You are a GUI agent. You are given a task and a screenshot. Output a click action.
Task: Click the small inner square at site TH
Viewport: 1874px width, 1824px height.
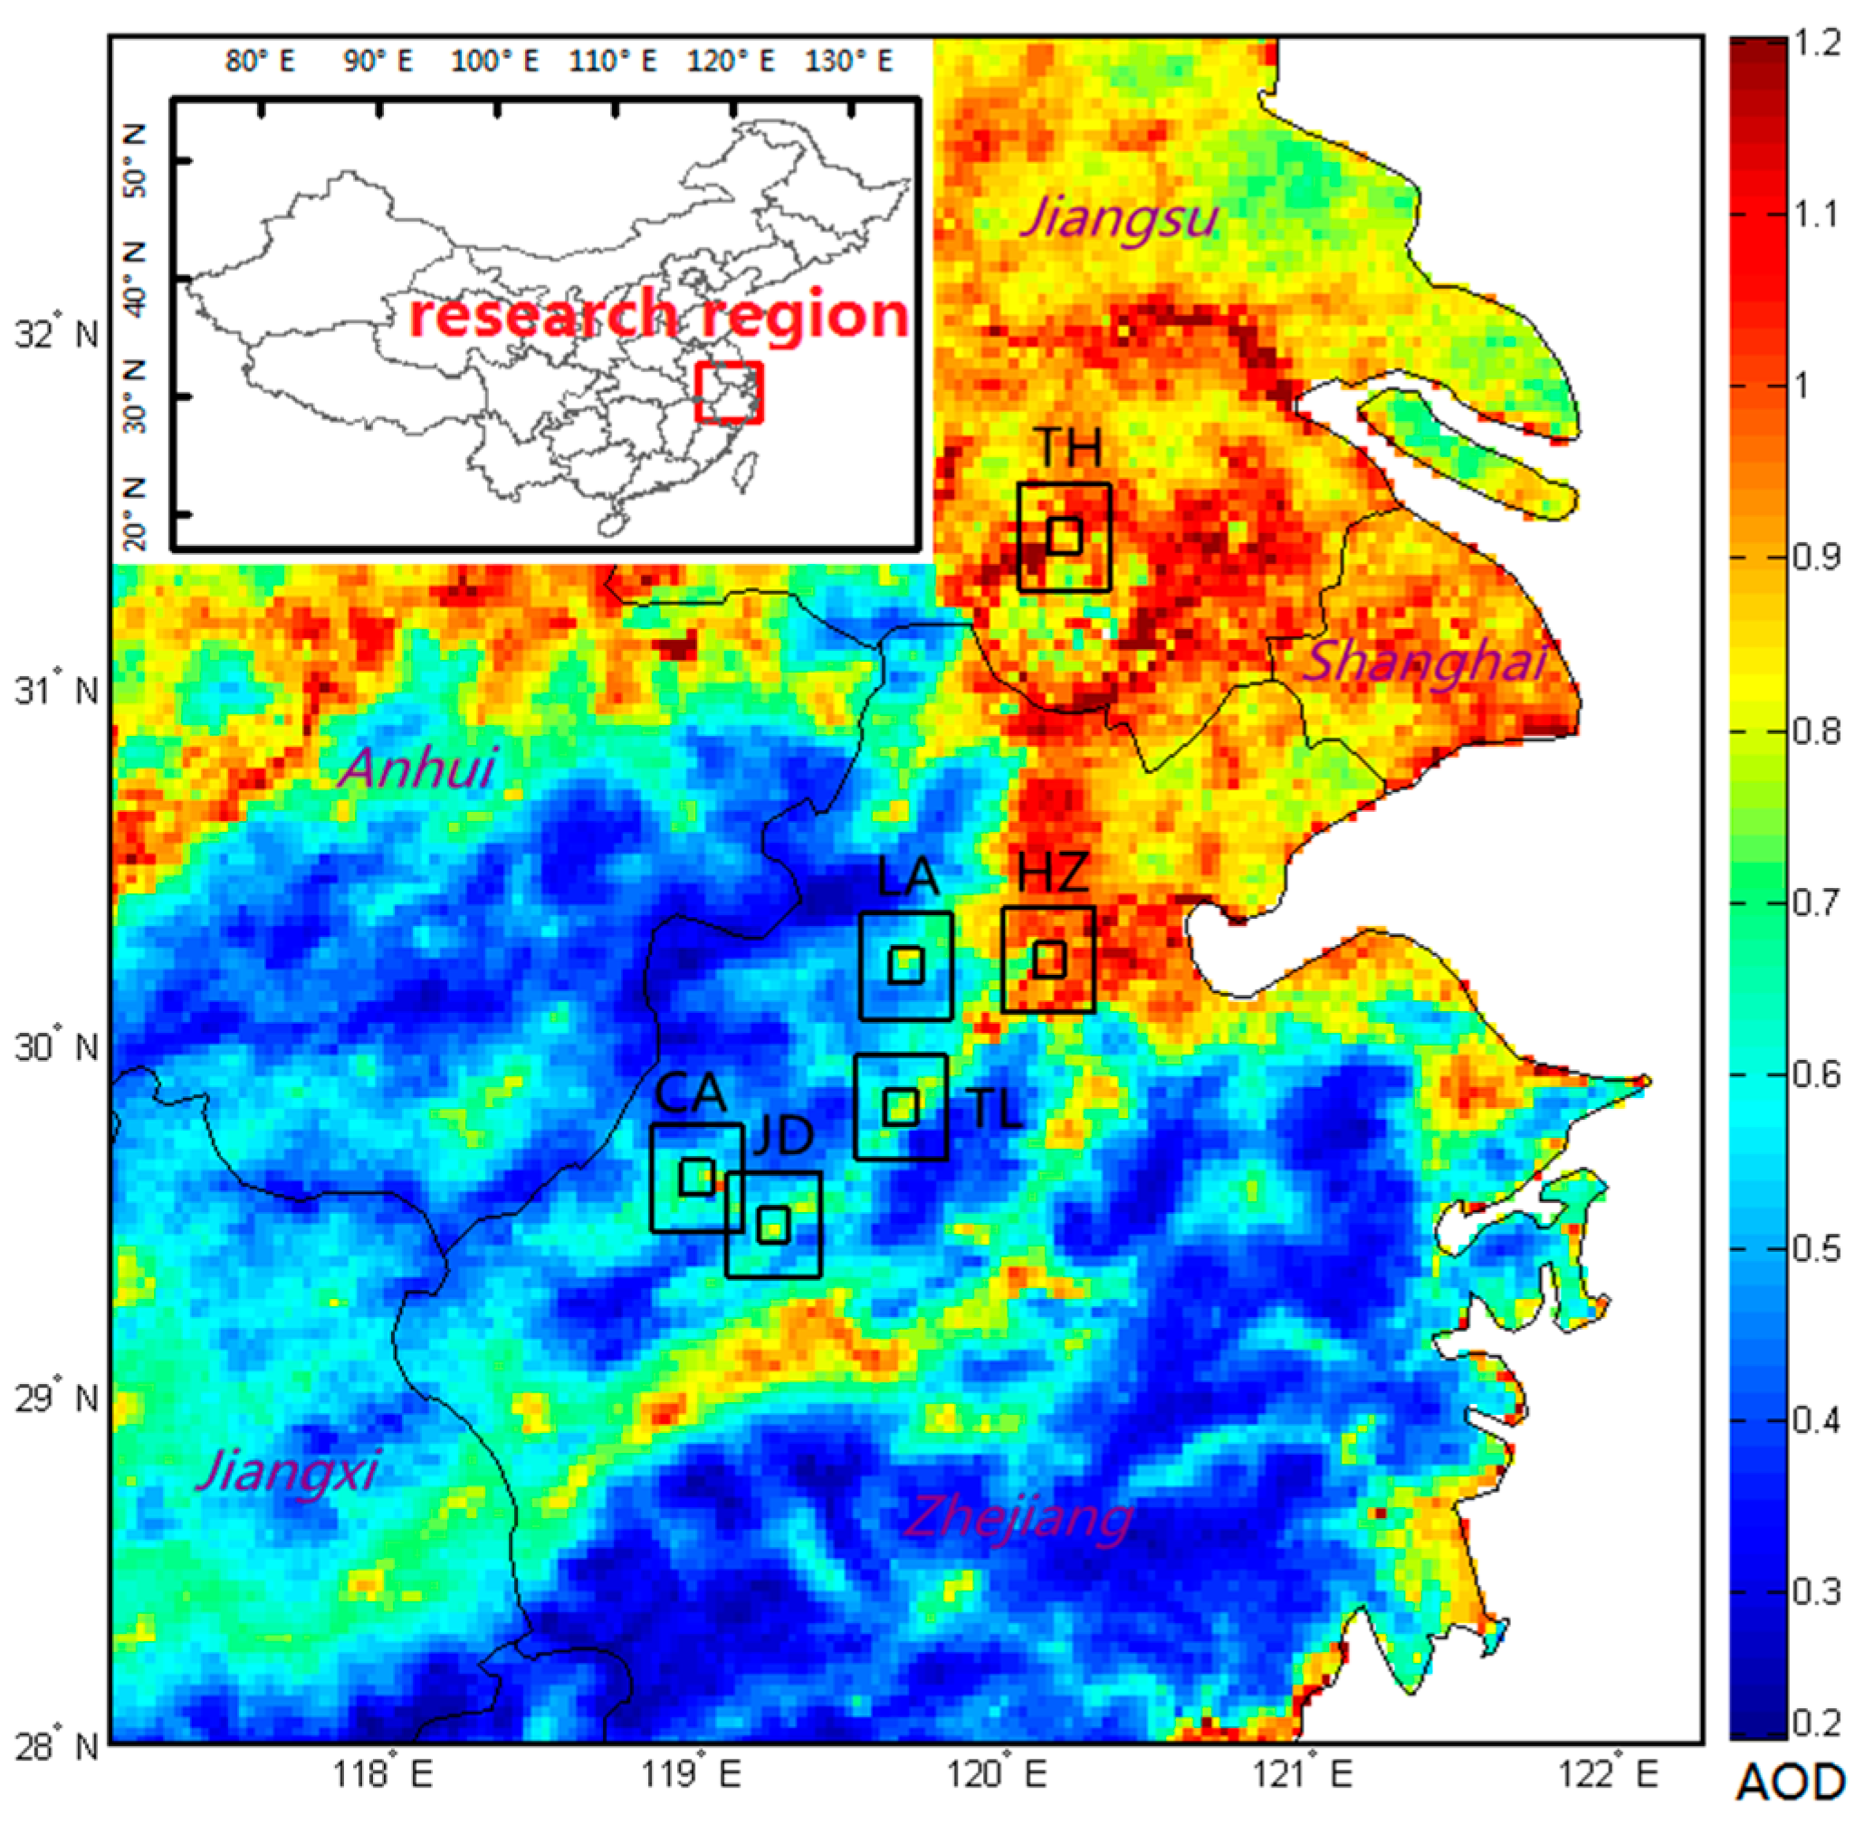(1065, 536)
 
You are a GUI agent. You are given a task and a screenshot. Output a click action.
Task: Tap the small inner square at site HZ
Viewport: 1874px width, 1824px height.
(1049, 959)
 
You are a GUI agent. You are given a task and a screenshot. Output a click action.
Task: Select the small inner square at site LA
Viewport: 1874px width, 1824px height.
(905, 965)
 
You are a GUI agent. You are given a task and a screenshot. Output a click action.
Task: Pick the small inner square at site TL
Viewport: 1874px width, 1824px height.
(901, 1107)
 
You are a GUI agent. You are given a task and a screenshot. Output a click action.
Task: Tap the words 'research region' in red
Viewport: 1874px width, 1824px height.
(659, 314)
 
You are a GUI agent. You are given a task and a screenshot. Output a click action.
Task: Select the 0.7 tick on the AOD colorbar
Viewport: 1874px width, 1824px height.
(1815, 902)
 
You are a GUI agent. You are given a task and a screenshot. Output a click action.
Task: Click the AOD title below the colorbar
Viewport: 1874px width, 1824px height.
(1790, 1782)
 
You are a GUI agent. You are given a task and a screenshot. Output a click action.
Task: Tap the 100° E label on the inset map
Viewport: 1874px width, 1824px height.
(494, 62)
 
